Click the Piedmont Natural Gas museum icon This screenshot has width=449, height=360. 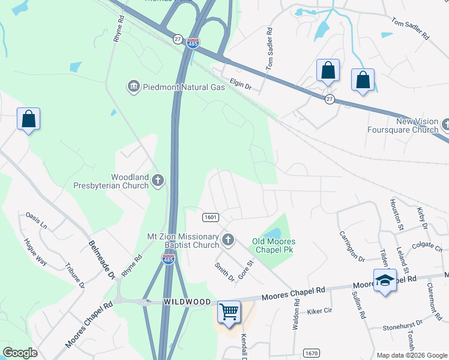coord(133,87)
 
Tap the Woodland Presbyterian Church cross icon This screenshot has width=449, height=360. coord(158,180)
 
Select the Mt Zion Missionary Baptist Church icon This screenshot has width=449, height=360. coord(228,241)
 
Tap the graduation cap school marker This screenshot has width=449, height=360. coord(384,280)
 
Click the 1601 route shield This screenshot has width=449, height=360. coord(210,217)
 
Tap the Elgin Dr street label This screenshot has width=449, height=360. coord(240,86)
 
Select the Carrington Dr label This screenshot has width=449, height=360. coord(352,246)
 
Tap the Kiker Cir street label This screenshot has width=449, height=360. coord(319,311)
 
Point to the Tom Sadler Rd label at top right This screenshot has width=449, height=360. coord(410,28)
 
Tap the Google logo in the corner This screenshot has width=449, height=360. coord(20,353)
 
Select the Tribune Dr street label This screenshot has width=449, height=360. coord(75,275)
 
